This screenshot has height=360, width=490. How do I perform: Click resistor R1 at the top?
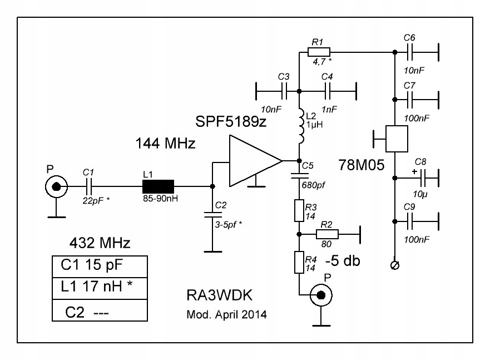pyautogui.click(x=319, y=52)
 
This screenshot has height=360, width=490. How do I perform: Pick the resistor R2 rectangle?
pyautogui.click(x=330, y=234)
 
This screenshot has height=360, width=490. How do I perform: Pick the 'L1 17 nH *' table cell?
pyautogui.click(x=100, y=288)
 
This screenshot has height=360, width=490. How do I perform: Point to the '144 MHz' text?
pyautogui.click(x=166, y=144)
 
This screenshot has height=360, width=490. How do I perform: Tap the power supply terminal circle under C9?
pyautogui.click(x=394, y=266)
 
